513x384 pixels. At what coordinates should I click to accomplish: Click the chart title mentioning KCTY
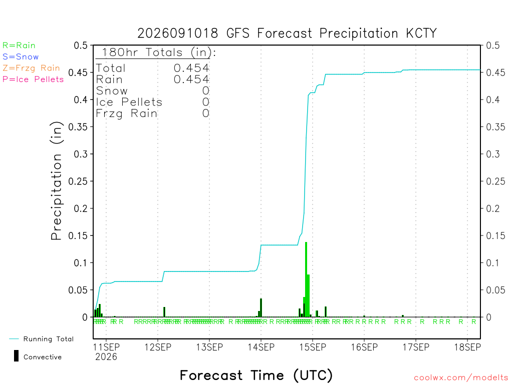click(287, 33)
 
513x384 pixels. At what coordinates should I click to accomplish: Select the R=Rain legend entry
click(19, 45)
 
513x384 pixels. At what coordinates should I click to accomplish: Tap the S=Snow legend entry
click(21, 57)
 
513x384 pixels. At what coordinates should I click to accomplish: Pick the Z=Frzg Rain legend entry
click(31, 68)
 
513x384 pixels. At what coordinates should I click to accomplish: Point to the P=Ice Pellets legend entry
click(33, 79)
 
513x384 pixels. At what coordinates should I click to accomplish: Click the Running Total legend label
click(49, 339)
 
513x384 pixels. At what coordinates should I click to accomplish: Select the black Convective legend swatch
click(16, 356)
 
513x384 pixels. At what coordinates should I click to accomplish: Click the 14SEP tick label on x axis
click(261, 347)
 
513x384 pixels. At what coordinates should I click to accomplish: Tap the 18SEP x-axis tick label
click(467, 347)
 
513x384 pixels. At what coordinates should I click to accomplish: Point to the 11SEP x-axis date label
click(106, 347)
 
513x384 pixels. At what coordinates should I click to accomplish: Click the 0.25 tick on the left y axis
click(78, 181)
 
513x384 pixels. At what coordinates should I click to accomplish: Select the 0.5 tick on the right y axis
click(493, 45)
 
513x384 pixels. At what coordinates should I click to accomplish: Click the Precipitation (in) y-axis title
click(56, 181)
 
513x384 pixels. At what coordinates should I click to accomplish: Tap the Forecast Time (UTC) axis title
click(256, 375)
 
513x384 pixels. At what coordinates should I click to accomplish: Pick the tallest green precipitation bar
click(306, 279)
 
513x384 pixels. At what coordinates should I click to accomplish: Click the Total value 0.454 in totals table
click(191, 68)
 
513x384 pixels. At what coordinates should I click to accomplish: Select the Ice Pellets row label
click(129, 102)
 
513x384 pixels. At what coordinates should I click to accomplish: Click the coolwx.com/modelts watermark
click(461, 378)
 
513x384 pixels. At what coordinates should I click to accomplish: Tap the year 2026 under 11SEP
click(106, 357)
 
